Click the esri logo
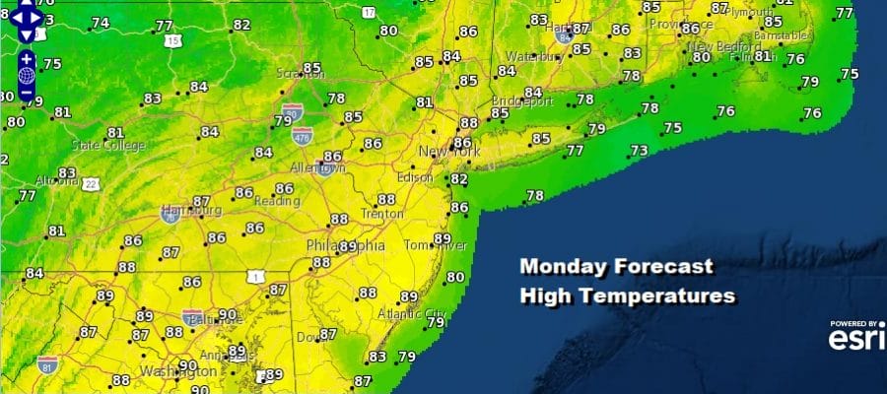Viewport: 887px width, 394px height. (x=854, y=339)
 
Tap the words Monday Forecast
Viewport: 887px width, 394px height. (x=616, y=266)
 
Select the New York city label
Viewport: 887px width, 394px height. (x=450, y=153)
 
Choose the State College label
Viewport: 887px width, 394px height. (x=107, y=146)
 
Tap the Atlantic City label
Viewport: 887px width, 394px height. (x=412, y=314)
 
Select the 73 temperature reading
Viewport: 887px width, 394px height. (x=640, y=151)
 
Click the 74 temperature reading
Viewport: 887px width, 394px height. (x=101, y=23)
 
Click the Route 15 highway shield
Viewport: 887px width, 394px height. (x=173, y=41)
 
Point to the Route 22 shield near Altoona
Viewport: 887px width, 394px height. (x=91, y=183)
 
